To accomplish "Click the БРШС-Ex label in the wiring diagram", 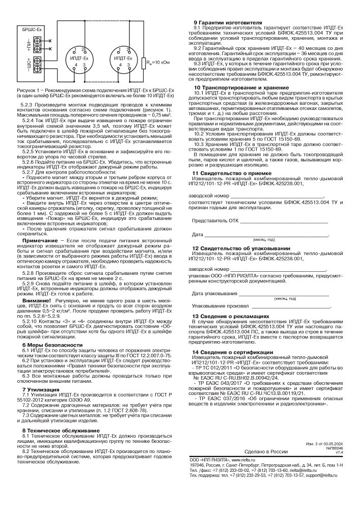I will [33, 31].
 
